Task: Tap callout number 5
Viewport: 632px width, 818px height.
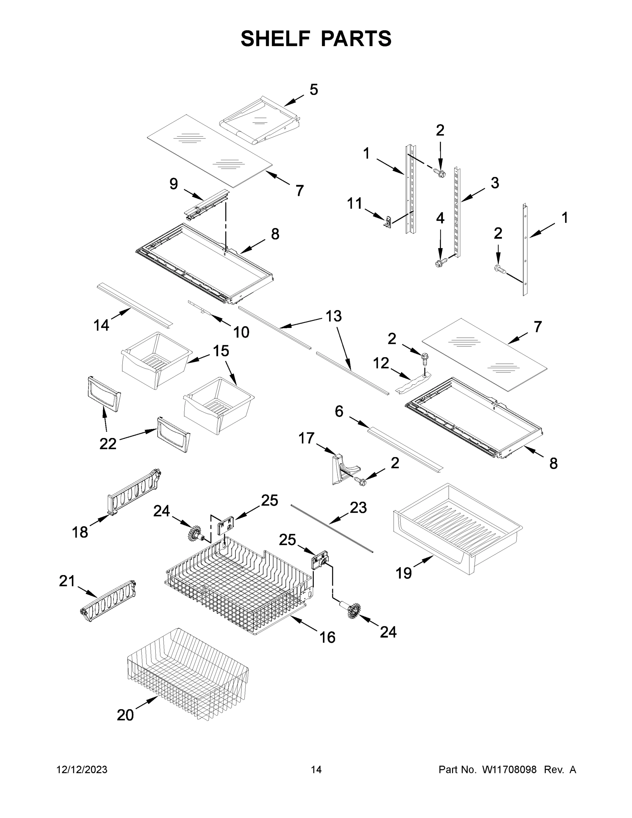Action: (314, 90)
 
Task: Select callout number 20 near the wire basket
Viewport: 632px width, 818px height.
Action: (125, 715)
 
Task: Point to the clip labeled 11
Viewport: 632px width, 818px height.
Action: (388, 222)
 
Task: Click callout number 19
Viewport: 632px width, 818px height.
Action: (404, 573)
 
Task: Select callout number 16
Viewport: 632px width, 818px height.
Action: (327, 637)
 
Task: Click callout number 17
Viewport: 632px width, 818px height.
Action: (306, 438)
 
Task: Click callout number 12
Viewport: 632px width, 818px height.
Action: (381, 363)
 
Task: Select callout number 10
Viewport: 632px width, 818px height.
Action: (241, 332)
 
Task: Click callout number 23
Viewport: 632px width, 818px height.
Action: (358, 508)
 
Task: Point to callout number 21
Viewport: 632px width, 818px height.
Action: (67, 581)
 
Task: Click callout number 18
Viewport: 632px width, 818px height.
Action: (80, 532)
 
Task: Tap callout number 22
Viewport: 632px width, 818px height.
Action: (108, 444)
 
